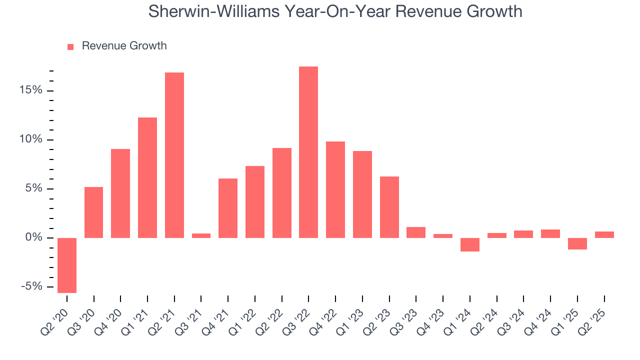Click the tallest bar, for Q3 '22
coord(308,152)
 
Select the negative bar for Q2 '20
coord(67,265)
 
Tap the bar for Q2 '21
coord(174,155)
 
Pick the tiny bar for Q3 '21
coord(201,235)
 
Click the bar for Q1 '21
coord(147,177)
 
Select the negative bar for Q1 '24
coord(470,244)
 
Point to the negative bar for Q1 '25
coord(577,243)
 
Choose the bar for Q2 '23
coord(389,207)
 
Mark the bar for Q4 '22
coord(335,189)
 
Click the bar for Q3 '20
coord(94,212)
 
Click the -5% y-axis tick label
coord(31,286)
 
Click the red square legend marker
coord(70,46)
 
